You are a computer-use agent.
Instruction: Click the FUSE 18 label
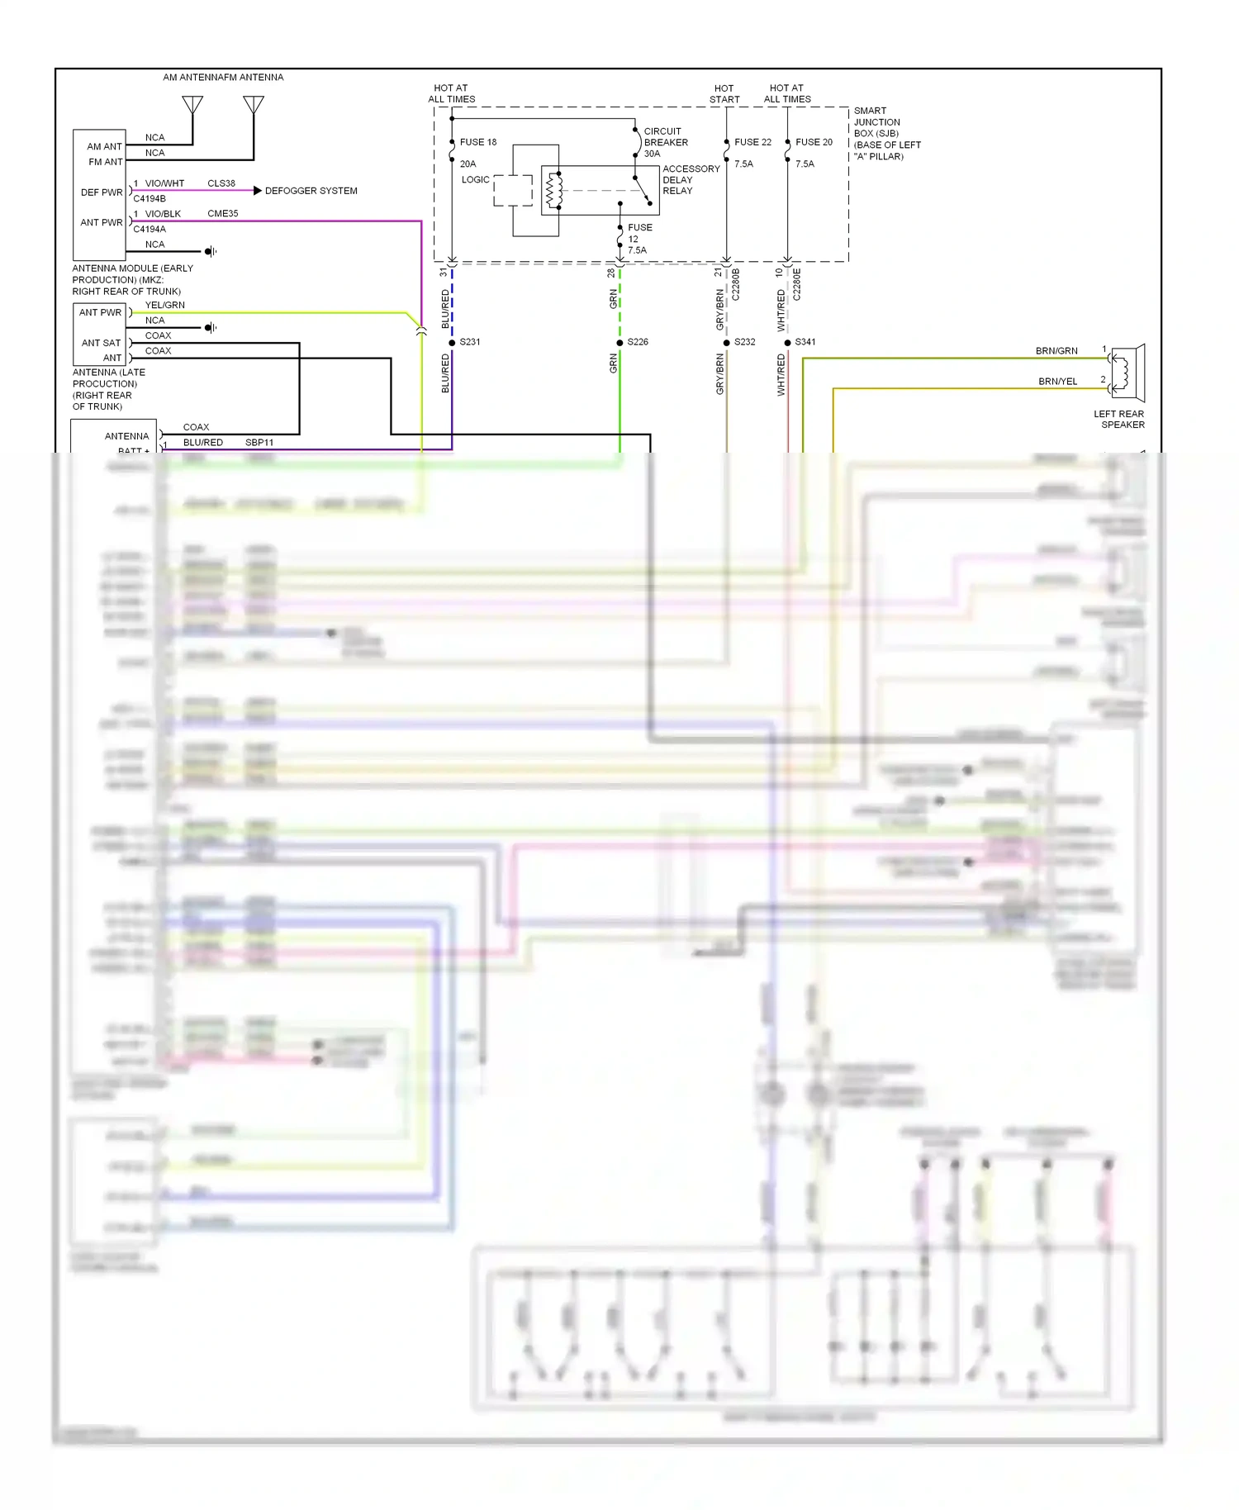(x=478, y=142)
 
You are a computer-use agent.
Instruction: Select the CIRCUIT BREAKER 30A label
(x=665, y=142)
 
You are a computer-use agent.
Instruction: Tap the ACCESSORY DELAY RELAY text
(x=691, y=179)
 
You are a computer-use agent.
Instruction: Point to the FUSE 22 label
(x=752, y=142)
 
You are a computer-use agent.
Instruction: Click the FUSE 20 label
(x=814, y=142)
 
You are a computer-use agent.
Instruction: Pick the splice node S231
(x=452, y=342)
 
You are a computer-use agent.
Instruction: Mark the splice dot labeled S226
(x=619, y=342)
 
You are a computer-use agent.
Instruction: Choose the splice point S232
(x=727, y=342)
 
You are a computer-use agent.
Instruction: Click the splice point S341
(x=788, y=342)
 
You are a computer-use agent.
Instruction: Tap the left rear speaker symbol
(x=1127, y=373)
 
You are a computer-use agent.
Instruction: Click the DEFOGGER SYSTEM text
(x=311, y=191)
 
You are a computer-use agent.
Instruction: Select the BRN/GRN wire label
(x=1056, y=351)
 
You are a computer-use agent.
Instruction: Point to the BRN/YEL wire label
(x=1057, y=382)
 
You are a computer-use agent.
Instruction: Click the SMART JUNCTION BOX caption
(x=886, y=133)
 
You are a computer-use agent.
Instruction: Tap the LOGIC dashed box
(x=512, y=190)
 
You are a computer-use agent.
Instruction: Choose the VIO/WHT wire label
(x=164, y=183)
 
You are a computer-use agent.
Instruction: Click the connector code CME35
(x=222, y=214)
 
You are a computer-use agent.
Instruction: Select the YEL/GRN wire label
(x=164, y=306)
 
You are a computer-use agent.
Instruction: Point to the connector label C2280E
(x=797, y=283)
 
